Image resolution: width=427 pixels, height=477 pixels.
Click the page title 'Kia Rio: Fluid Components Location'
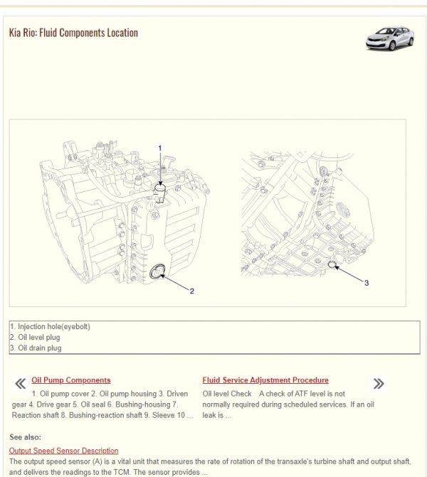[73, 33]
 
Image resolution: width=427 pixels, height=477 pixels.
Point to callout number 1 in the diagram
[160, 148]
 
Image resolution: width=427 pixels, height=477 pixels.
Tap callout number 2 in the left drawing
[192, 290]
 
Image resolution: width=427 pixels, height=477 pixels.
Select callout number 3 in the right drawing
[367, 283]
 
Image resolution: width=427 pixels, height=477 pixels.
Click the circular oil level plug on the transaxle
[158, 270]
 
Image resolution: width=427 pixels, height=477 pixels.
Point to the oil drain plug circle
[332, 265]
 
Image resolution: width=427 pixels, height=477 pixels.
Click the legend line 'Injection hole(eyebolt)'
[50, 327]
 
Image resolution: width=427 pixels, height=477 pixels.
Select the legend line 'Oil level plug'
[35, 338]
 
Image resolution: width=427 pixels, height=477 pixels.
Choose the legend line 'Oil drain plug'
[36, 348]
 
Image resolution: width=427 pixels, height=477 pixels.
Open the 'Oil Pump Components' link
[71, 380]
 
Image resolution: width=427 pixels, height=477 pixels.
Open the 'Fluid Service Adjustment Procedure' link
[265, 380]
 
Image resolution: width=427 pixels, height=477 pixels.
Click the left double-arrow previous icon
[21, 384]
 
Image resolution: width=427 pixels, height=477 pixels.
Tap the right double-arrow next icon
[379, 384]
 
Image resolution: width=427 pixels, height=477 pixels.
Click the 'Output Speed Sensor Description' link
[64, 451]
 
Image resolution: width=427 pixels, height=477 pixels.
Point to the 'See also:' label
[26, 436]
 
